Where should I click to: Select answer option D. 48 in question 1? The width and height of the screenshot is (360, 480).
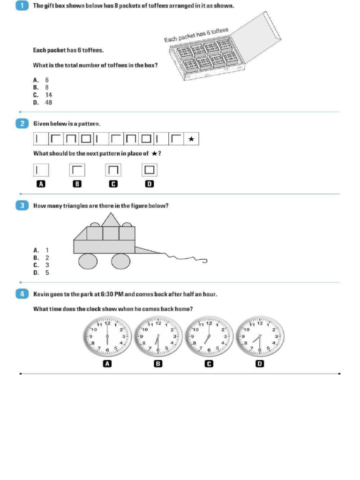[43, 102]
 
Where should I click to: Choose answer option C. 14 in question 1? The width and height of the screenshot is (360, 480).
[43, 95]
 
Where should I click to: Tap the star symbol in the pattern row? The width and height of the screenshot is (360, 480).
[190, 139]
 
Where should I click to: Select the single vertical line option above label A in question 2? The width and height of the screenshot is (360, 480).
[41, 169]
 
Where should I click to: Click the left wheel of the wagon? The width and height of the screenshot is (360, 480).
[88, 261]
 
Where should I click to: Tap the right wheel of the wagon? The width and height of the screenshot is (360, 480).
[121, 261]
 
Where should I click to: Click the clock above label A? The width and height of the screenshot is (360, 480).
[107, 337]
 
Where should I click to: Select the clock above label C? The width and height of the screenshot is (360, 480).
[209, 337]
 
